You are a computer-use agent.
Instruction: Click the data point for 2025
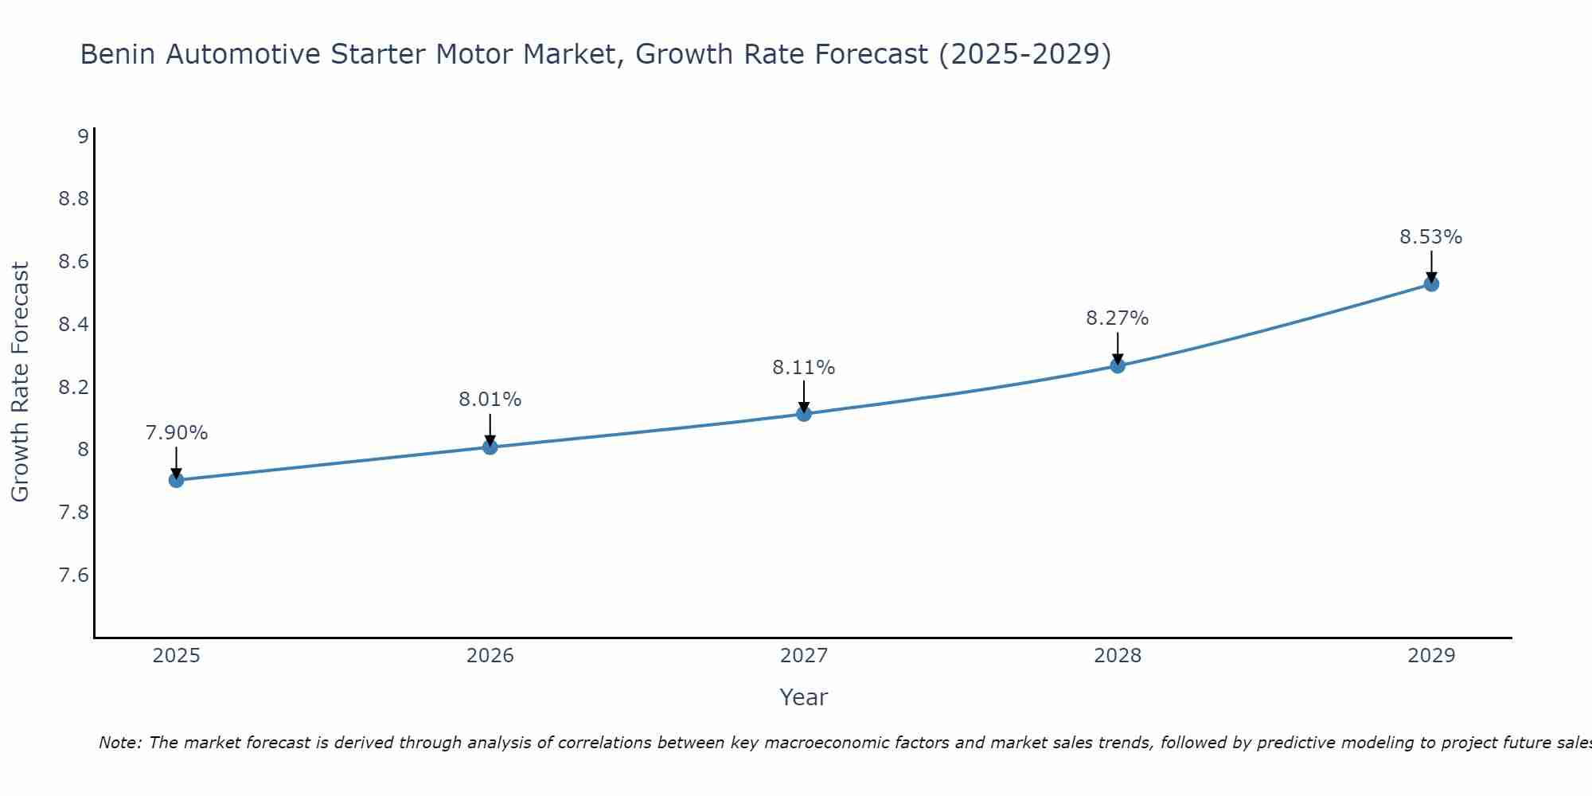click(177, 480)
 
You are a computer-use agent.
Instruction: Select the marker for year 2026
click(490, 447)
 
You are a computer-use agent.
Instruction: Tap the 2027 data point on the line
click(804, 414)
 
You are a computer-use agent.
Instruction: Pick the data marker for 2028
click(1118, 366)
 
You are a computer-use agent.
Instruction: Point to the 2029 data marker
click(1431, 284)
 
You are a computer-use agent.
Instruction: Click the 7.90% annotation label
click(177, 433)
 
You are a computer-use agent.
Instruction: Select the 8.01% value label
click(490, 400)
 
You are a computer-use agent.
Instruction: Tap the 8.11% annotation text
click(804, 368)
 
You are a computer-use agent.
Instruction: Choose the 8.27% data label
click(1118, 318)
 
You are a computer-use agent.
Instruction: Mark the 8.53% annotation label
click(1431, 237)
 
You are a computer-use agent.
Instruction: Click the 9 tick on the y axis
click(83, 136)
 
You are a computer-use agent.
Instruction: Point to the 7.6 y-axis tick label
click(74, 576)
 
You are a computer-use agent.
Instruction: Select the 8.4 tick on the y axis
click(74, 324)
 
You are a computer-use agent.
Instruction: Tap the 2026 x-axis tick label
click(490, 656)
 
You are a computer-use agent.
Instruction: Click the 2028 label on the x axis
click(1118, 656)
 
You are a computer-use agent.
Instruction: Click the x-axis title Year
click(804, 697)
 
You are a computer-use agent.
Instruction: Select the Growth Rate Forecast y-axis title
click(21, 382)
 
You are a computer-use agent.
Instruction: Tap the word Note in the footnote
click(119, 743)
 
